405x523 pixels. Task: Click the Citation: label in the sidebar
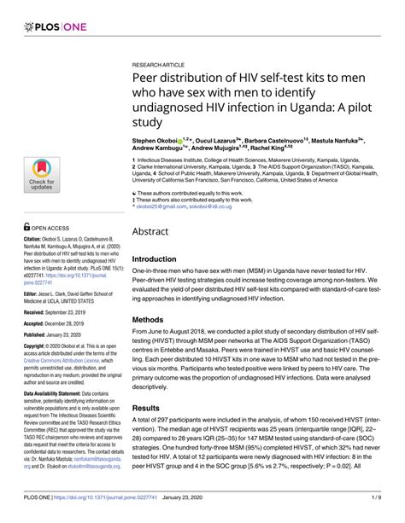26,243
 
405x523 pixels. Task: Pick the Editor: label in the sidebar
23,293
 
